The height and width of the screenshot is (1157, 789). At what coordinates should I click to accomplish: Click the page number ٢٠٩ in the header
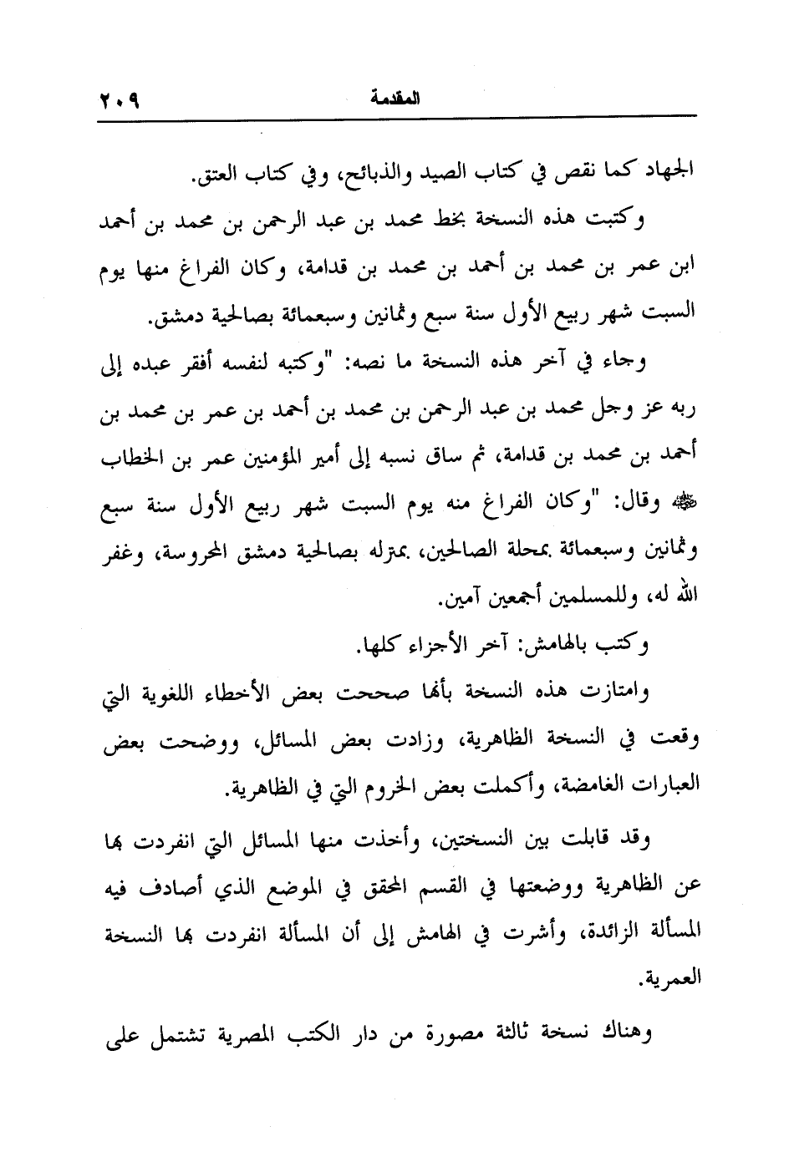[x=120, y=99]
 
